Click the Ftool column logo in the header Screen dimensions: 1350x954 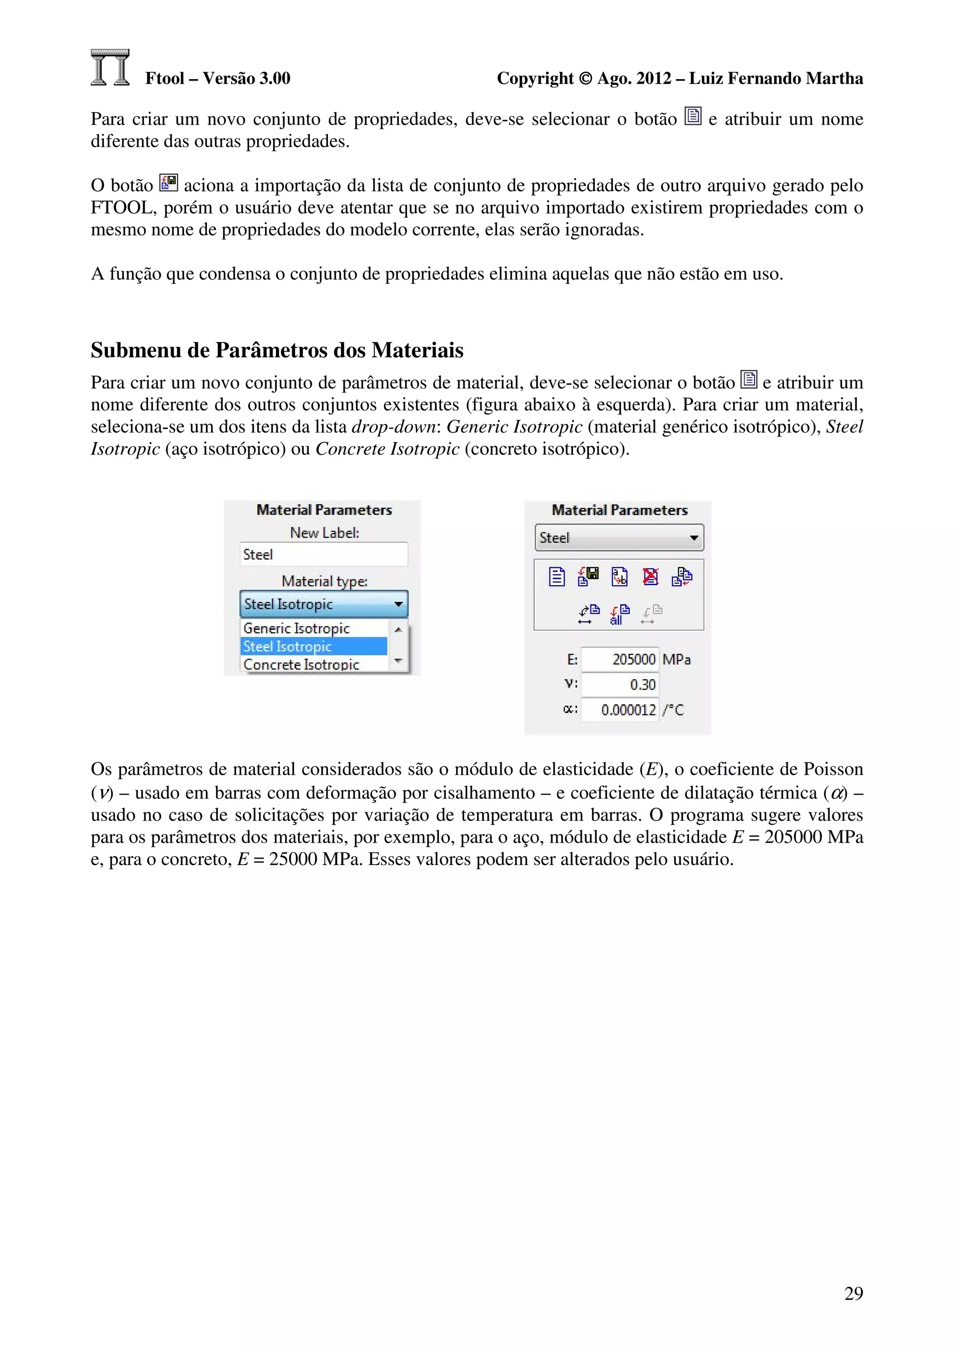pos(110,68)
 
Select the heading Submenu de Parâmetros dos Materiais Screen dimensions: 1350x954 pos(277,350)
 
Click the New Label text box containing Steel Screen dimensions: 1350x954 pos(323,554)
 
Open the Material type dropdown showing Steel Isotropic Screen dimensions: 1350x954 pos(323,604)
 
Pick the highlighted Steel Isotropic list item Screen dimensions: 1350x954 pos(314,646)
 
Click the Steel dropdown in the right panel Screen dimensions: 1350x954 pos(619,538)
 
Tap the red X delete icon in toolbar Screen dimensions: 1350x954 pos(651,577)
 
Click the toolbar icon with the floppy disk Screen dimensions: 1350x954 pos(588,577)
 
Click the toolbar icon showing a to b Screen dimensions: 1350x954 pos(620,577)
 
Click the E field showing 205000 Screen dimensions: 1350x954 pos(620,659)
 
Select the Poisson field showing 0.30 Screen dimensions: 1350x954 pos(620,684)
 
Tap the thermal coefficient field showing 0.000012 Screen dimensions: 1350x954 pos(620,709)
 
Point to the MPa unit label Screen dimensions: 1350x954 pos(676,659)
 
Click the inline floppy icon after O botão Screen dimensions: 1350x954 pos(169,183)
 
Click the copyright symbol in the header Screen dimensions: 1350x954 pos(586,78)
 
